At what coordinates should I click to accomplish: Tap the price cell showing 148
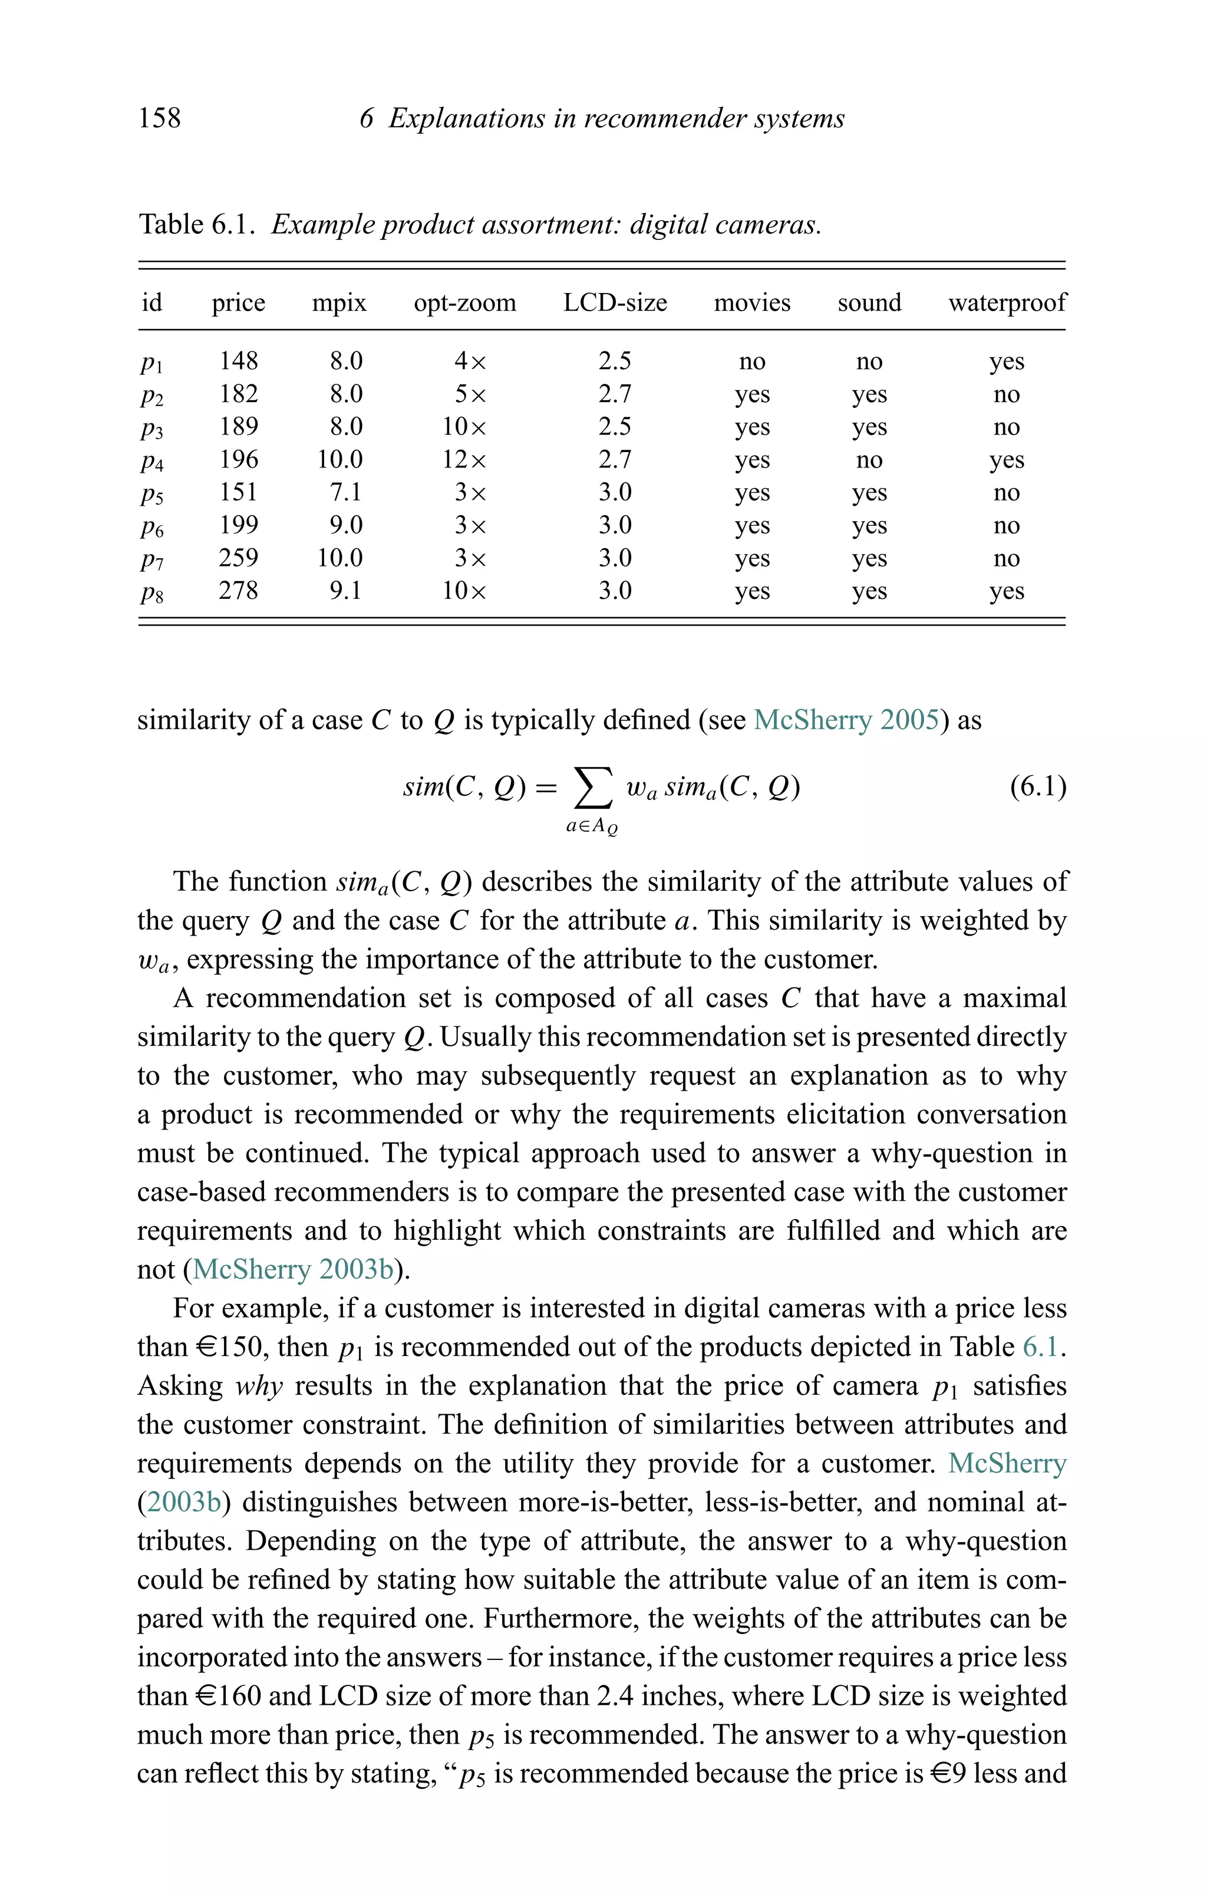click(238, 361)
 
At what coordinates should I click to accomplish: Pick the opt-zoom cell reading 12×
click(464, 459)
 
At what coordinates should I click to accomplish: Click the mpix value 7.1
click(346, 492)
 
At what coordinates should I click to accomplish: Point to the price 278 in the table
click(238, 590)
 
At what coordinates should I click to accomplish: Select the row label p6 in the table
click(152, 527)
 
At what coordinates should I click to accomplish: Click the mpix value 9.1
click(346, 590)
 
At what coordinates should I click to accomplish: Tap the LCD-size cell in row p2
click(615, 394)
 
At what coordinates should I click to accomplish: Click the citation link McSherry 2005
click(845, 720)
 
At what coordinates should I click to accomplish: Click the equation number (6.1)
click(1038, 786)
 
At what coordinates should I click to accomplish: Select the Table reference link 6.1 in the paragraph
click(1040, 1347)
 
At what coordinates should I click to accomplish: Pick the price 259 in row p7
click(238, 558)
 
